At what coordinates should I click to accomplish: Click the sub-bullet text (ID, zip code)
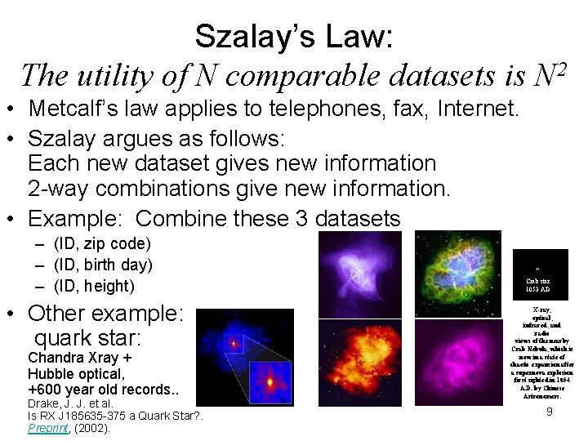(x=102, y=243)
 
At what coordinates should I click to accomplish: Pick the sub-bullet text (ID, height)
(x=94, y=286)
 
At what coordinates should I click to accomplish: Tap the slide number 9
(x=550, y=412)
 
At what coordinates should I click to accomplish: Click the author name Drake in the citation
(x=45, y=403)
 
